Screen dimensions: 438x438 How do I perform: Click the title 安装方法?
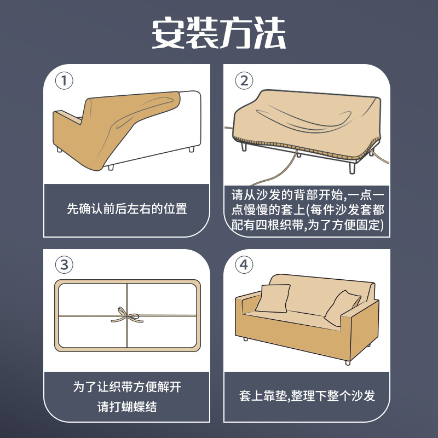pyautogui.click(x=218, y=33)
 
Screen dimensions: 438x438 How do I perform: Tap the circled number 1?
pyautogui.click(x=64, y=80)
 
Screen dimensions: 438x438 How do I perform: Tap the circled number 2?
pyautogui.click(x=244, y=80)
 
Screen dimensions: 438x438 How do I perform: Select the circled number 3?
pyautogui.click(x=64, y=264)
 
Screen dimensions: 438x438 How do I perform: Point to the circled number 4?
pyautogui.click(x=244, y=264)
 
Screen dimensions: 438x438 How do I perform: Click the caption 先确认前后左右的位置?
pyautogui.click(x=127, y=209)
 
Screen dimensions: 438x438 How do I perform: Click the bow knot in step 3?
pyautogui.click(x=127, y=316)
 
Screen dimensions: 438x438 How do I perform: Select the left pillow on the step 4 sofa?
pyautogui.click(x=273, y=298)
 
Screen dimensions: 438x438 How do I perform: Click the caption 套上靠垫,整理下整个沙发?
pyautogui.click(x=307, y=395)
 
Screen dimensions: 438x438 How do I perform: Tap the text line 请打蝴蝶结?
pyautogui.click(x=127, y=407)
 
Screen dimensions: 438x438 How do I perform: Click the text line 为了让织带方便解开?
pyautogui.click(x=127, y=387)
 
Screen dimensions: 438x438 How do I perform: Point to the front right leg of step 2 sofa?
pyautogui.click(x=352, y=168)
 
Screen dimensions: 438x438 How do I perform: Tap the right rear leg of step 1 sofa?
pyautogui.click(x=191, y=149)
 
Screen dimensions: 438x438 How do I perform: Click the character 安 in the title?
pyautogui.click(x=168, y=33)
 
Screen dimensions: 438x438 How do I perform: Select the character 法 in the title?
pyautogui.click(x=270, y=33)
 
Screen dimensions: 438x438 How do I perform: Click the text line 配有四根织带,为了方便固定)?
pyautogui.click(x=308, y=225)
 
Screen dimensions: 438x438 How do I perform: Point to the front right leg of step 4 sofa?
pyautogui.click(x=348, y=362)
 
